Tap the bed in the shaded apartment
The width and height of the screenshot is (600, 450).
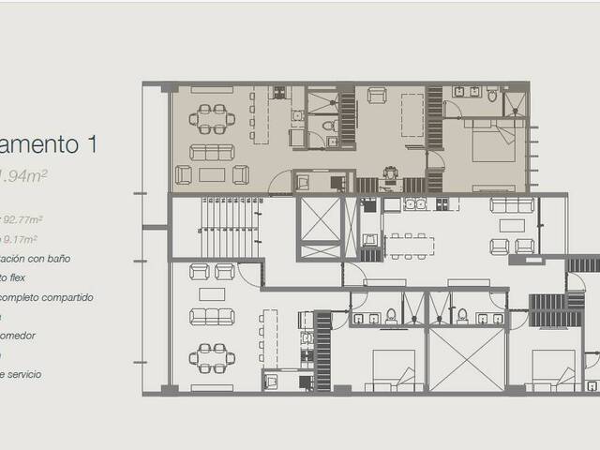493,145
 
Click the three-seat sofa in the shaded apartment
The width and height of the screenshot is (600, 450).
212,152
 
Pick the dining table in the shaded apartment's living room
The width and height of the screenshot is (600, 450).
212,118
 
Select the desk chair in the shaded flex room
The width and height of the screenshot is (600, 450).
390,172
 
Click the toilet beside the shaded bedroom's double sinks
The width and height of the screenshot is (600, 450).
491,95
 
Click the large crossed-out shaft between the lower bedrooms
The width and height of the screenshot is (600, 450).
466,359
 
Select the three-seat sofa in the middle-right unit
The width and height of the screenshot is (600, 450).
512,205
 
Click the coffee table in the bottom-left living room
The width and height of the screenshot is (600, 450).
212,293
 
